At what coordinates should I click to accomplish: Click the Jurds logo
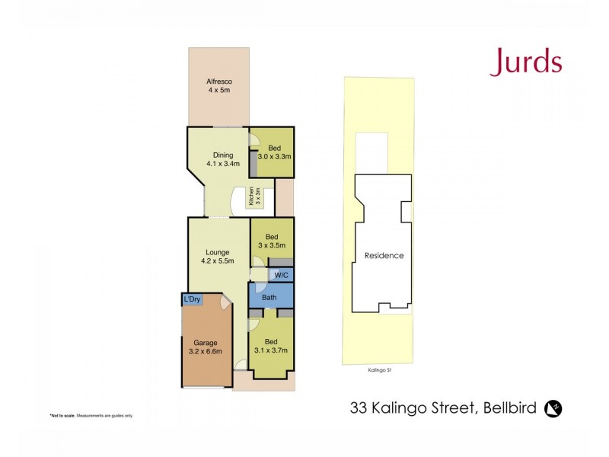click(x=525, y=61)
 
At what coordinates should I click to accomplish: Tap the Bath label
click(x=269, y=297)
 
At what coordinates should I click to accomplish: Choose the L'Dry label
click(x=192, y=299)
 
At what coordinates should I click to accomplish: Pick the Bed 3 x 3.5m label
click(x=272, y=241)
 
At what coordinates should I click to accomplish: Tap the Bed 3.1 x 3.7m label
click(x=270, y=346)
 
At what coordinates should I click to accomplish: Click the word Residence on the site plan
click(x=384, y=255)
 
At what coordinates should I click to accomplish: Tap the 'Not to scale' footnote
click(x=91, y=415)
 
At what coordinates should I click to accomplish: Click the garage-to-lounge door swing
click(x=225, y=302)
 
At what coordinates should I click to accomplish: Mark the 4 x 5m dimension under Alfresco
click(x=218, y=91)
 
